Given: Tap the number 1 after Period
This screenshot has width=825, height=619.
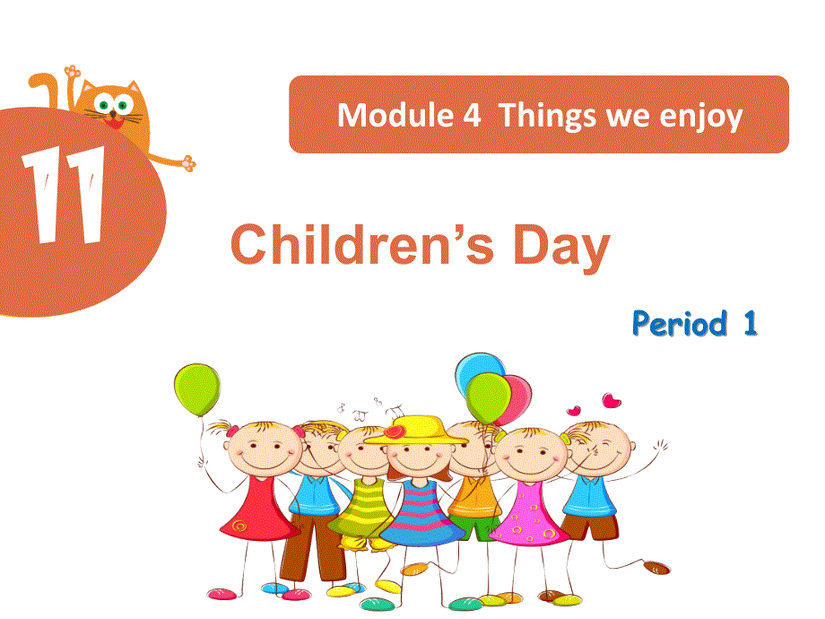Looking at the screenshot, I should [749, 323].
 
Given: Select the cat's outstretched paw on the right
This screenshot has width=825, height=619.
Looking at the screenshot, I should [187, 163].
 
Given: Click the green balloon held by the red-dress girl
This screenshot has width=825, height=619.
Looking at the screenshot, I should [195, 389].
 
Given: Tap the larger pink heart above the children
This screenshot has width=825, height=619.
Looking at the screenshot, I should [612, 400].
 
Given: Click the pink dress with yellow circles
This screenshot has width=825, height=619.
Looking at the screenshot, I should [528, 516].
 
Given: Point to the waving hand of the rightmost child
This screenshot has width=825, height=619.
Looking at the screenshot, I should [660, 446].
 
